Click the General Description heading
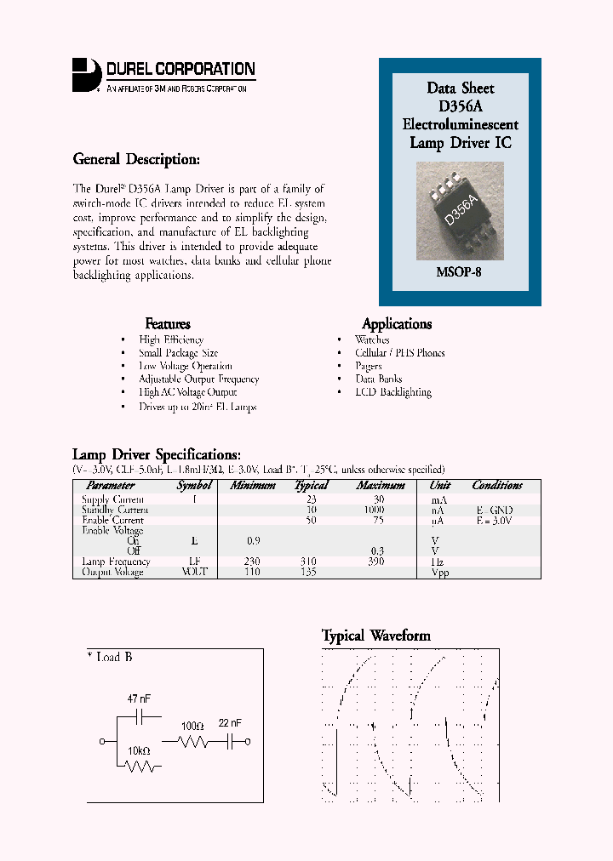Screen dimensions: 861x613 pos(136,159)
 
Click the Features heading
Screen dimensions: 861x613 pos(168,323)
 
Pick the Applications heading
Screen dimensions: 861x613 pos(397,323)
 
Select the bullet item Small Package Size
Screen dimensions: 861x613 pos(178,352)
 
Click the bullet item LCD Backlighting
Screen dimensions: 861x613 pos(392,392)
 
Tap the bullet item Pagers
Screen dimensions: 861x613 pos(369,366)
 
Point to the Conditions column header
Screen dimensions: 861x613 pos(497,485)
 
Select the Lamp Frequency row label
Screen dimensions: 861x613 pos(116,562)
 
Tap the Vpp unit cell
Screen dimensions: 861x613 pos(439,573)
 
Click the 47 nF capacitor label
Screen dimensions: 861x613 pos(139,698)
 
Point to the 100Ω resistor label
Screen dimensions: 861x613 pos(192,726)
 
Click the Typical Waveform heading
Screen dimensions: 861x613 pos(375,636)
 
